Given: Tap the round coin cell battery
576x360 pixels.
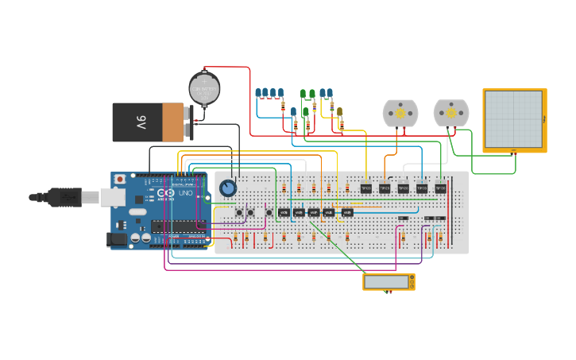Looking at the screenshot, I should point(204,88).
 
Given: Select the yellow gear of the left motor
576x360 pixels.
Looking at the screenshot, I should point(400,114).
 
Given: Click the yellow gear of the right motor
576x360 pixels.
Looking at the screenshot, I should point(451,113).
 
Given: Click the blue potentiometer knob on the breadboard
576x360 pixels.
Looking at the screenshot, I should point(228,188).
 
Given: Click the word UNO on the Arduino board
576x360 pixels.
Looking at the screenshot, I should point(184,193).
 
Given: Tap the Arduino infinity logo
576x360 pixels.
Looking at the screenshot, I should point(166,193).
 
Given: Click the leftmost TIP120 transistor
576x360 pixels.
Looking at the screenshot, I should point(366,188).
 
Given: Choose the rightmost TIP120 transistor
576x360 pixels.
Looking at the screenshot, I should point(440,188).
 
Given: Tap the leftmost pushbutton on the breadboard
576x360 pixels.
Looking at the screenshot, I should point(239,212).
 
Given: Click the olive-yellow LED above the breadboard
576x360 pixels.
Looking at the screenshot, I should point(339,112).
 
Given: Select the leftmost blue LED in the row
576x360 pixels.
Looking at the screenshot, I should point(258,93).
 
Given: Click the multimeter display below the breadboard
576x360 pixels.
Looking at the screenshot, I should point(387,281).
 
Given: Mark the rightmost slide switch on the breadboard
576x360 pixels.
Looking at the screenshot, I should point(439,218).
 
